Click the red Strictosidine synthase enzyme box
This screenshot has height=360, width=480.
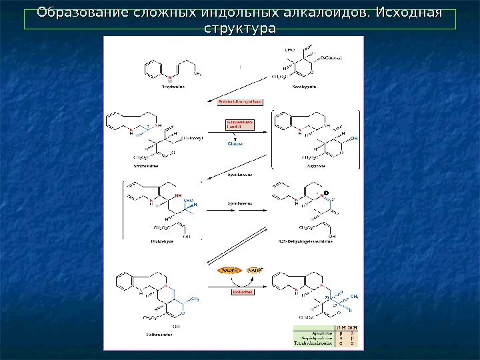click(x=240, y=102)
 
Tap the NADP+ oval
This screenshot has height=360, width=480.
click(x=255, y=271)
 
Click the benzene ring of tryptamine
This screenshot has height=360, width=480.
click(x=153, y=67)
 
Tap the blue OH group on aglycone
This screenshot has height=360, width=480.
click(x=354, y=138)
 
